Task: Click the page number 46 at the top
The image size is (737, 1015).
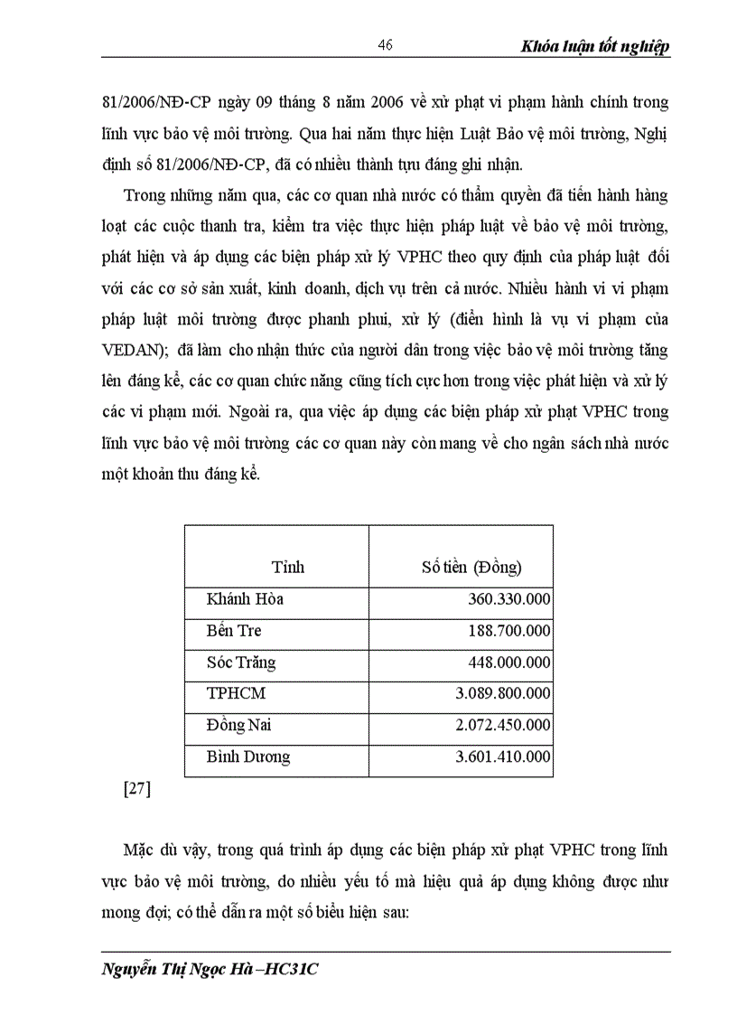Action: [386, 46]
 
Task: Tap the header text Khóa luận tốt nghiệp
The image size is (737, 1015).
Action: [595, 47]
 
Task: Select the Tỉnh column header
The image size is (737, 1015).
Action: [288, 567]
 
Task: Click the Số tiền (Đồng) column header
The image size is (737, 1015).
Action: [471, 567]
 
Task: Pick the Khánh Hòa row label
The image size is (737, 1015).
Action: [245, 599]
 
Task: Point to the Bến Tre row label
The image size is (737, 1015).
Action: [234, 631]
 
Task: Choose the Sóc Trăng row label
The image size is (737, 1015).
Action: [241, 663]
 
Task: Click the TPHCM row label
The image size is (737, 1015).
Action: [237, 694]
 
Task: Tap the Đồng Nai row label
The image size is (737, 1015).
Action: [238, 726]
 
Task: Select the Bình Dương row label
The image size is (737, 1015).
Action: [248, 757]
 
